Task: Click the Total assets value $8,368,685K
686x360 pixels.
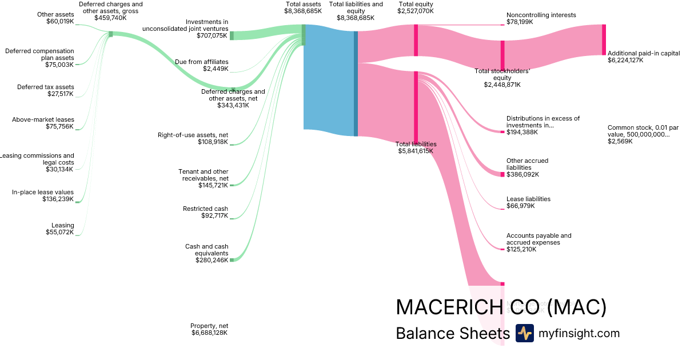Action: pyautogui.click(x=302, y=11)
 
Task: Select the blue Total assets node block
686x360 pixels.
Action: pyautogui.click(x=329, y=77)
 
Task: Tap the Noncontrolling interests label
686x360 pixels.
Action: pyautogui.click(x=541, y=15)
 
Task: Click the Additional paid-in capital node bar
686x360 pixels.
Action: pyautogui.click(x=604, y=39)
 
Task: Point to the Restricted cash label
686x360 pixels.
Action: pyautogui.click(x=205, y=209)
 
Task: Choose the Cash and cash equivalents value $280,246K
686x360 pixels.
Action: pyautogui.click(x=212, y=260)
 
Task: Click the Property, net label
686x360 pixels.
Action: pyautogui.click(x=209, y=326)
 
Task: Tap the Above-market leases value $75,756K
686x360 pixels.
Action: pyautogui.click(x=59, y=126)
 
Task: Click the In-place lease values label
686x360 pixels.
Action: pyautogui.click(x=43, y=192)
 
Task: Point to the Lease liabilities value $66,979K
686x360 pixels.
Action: pyautogui.click(x=520, y=206)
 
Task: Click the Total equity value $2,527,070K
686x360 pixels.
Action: pyautogui.click(x=416, y=11)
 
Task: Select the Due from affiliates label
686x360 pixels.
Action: pyautogui.click(x=202, y=62)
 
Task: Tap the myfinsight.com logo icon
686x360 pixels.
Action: pyautogui.click(x=524, y=333)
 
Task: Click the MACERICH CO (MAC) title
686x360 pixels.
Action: pyautogui.click(x=501, y=307)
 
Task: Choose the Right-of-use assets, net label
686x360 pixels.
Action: pyautogui.click(x=193, y=135)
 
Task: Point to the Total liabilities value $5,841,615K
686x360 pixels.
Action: pyautogui.click(x=416, y=151)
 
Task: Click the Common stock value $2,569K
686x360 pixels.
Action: pyautogui.click(x=620, y=141)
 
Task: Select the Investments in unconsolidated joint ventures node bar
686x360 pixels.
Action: pyautogui.click(x=232, y=35)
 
